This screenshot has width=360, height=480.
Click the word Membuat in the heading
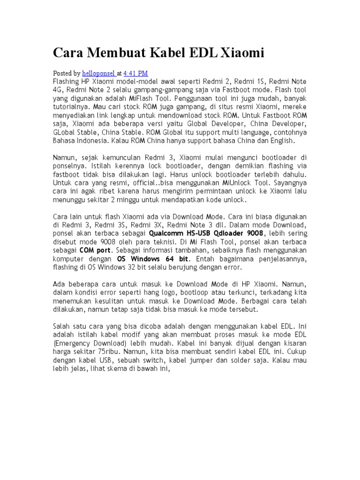click(116, 53)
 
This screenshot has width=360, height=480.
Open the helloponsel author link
click(98, 73)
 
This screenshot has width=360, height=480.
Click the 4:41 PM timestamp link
click(135, 73)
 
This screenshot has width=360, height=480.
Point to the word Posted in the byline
click(62, 73)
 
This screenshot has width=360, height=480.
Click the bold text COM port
click(95, 250)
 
